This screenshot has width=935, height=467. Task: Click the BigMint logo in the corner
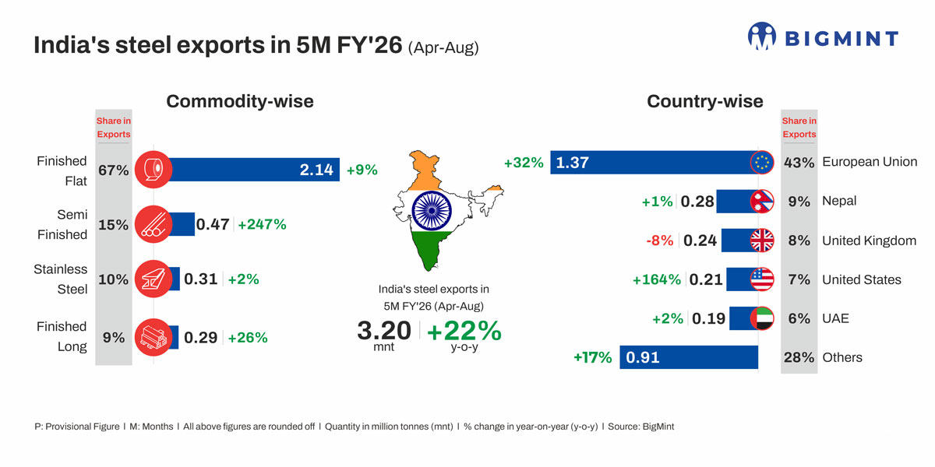(823, 37)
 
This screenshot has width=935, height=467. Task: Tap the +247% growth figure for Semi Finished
(262, 224)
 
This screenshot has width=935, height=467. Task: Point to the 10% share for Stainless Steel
(114, 279)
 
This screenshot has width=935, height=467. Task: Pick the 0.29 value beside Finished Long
(200, 338)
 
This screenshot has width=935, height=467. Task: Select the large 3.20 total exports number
(383, 330)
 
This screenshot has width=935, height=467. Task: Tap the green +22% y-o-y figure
(464, 330)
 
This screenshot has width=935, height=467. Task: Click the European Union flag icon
(761, 163)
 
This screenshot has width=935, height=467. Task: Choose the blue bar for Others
(689, 357)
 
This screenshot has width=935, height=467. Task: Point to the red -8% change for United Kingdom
(659, 241)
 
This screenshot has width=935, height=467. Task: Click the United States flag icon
(761, 279)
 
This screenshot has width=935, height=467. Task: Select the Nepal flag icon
(761, 201)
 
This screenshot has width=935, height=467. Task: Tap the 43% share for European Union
(799, 163)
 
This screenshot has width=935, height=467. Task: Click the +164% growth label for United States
(656, 279)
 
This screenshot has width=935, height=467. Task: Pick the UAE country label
(835, 318)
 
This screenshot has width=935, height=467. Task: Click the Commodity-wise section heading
(240, 101)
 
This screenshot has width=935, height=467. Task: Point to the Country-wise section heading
(704, 101)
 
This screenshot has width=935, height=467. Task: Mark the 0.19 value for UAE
(708, 318)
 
